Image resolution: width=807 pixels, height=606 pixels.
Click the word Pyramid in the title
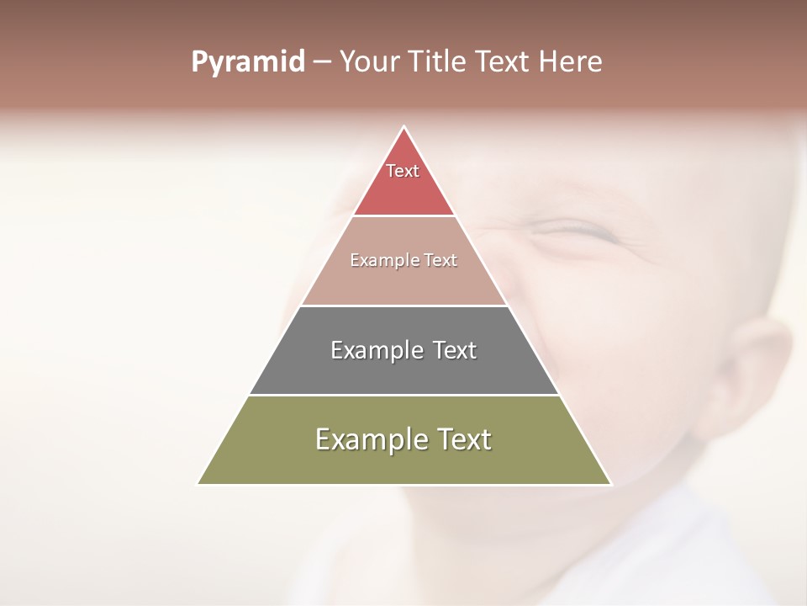click(247, 62)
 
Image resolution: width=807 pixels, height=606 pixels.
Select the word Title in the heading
click(438, 61)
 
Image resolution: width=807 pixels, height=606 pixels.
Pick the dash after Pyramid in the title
click(321, 62)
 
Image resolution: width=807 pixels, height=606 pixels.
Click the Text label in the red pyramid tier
click(403, 171)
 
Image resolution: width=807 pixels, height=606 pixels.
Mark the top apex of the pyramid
click(403, 127)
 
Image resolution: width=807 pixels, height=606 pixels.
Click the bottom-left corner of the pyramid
click(198, 484)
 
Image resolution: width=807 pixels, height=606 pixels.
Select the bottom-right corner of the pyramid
click(610, 484)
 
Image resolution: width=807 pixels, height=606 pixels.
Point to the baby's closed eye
click(580, 229)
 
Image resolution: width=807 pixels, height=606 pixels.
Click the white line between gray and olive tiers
click(403, 395)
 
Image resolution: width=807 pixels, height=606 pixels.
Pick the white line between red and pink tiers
click(403, 215)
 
